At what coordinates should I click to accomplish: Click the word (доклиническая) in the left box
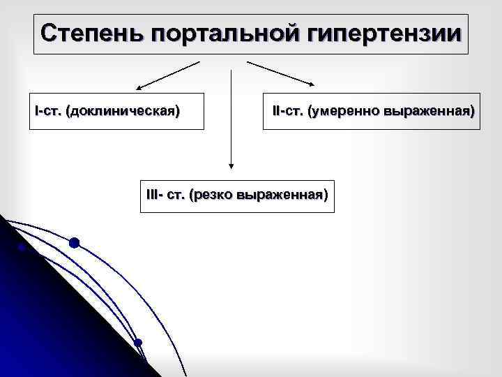tap(123, 111)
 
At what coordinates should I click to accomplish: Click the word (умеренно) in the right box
tap(344, 111)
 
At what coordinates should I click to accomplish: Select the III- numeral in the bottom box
tap(154, 193)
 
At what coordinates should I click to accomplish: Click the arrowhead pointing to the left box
tap(139, 89)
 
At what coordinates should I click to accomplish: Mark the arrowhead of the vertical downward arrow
tap(231, 166)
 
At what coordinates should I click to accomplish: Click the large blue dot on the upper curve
tap(74, 243)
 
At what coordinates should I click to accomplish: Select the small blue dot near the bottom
tap(138, 342)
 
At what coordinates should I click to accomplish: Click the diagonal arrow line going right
tap(279, 73)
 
